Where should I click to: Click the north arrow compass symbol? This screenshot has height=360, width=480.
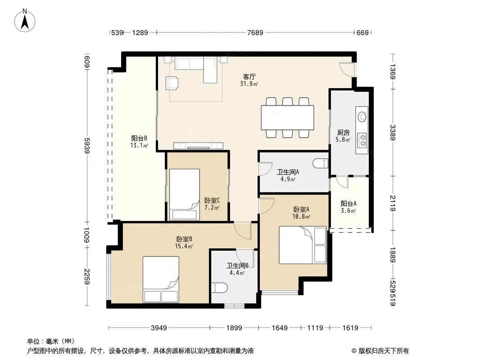click(x=25, y=21)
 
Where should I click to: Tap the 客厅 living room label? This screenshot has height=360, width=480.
click(x=249, y=76)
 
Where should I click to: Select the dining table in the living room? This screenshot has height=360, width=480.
click(x=287, y=117)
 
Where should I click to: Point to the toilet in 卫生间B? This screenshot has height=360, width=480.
click(x=219, y=288)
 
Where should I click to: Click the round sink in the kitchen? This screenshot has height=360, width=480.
click(x=362, y=117)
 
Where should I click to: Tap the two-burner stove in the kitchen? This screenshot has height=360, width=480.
click(x=362, y=140)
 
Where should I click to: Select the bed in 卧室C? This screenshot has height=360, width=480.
click(x=185, y=194)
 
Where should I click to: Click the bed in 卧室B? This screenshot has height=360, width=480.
click(x=161, y=279)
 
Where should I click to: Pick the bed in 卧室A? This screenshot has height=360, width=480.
click(x=303, y=245)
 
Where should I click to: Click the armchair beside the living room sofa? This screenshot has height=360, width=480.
click(x=172, y=83)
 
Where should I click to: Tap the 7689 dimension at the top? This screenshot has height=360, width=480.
click(x=255, y=32)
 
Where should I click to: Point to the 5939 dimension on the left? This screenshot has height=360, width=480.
click(x=87, y=146)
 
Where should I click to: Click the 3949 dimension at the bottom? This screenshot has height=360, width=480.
click(x=159, y=328)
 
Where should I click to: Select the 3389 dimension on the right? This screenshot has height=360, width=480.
click(x=393, y=132)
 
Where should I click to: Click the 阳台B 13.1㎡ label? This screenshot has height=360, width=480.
click(x=139, y=142)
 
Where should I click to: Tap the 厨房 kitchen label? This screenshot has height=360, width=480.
click(x=343, y=132)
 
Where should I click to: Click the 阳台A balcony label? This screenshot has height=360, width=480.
click(x=349, y=203)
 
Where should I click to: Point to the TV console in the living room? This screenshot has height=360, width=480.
click(x=199, y=146)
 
